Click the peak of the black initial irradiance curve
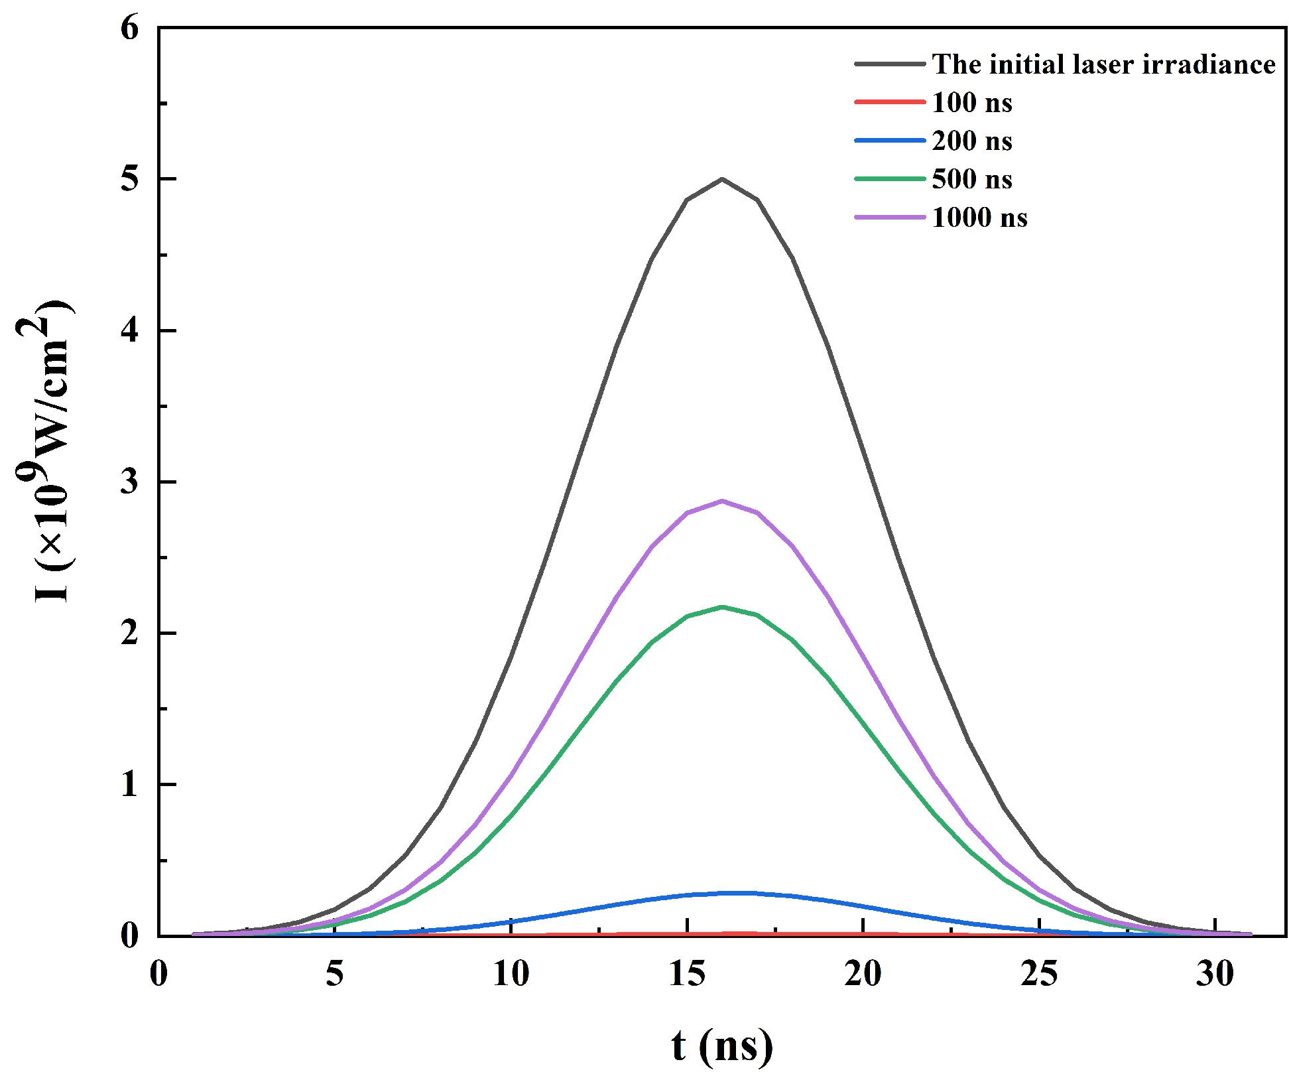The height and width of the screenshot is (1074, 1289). pyautogui.click(x=722, y=179)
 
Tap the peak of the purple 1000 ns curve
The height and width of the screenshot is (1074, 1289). pyautogui.click(x=722, y=502)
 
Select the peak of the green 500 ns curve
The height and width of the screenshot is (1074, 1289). pyautogui.click(x=722, y=607)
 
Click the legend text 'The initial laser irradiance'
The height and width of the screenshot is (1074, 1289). pyautogui.click(x=1103, y=64)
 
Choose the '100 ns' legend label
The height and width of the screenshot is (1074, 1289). pyautogui.click(x=972, y=103)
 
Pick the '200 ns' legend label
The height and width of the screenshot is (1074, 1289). pyautogui.click(x=972, y=141)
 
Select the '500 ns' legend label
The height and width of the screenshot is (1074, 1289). pyautogui.click(x=972, y=179)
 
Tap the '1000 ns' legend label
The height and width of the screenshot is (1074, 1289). pyautogui.click(x=979, y=218)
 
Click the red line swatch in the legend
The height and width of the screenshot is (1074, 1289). pyautogui.click(x=889, y=102)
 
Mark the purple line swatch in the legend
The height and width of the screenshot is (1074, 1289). pyautogui.click(x=889, y=217)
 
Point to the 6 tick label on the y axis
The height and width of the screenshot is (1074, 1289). pyautogui.click(x=130, y=29)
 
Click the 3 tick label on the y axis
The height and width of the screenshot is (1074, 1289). pyautogui.click(x=130, y=482)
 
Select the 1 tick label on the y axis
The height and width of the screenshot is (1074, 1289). pyautogui.click(x=130, y=785)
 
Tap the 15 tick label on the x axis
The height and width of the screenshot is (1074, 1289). pyautogui.click(x=687, y=974)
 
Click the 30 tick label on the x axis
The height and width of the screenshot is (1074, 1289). pyautogui.click(x=1215, y=974)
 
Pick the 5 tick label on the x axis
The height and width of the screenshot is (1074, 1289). pyautogui.click(x=335, y=974)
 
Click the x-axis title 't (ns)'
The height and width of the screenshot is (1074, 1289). pyautogui.click(x=721, y=1045)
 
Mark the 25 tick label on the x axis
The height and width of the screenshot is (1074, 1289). pyautogui.click(x=1039, y=974)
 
